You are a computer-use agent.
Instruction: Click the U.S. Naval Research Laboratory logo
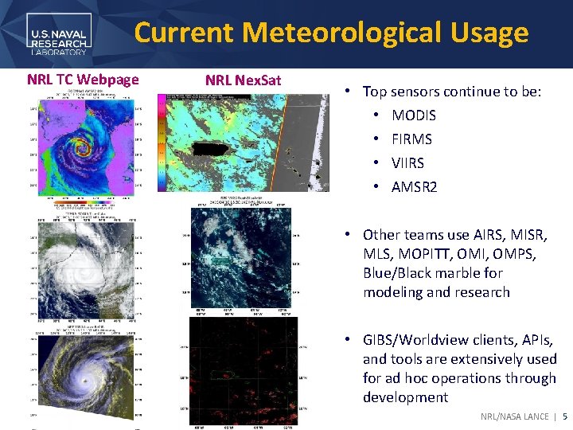pyautogui.click(x=60, y=35)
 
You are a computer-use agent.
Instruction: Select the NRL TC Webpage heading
pyautogui.click(x=83, y=79)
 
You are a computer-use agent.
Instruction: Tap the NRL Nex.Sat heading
pyautogui.click(x=243, y=80)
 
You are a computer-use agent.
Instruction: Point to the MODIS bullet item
pyautogui.click(x=413, y=115)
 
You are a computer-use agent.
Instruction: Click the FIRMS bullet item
pyautogui.click(x=411, y=139)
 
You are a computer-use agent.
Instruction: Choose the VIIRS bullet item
pyautogui.click(x=407, y=163)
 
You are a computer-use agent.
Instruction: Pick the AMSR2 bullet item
pyautogui.click(x=413, y=187)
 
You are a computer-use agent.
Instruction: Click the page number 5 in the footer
pyautogui.click(x=565, y=416)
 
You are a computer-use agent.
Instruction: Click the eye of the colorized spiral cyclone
pyautogui.click(x=79, y=149)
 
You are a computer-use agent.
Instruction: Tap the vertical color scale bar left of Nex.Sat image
pyautogui.click(x=162, y=143)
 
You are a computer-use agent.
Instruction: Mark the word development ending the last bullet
pyautogui.click(x=405, y=397)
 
